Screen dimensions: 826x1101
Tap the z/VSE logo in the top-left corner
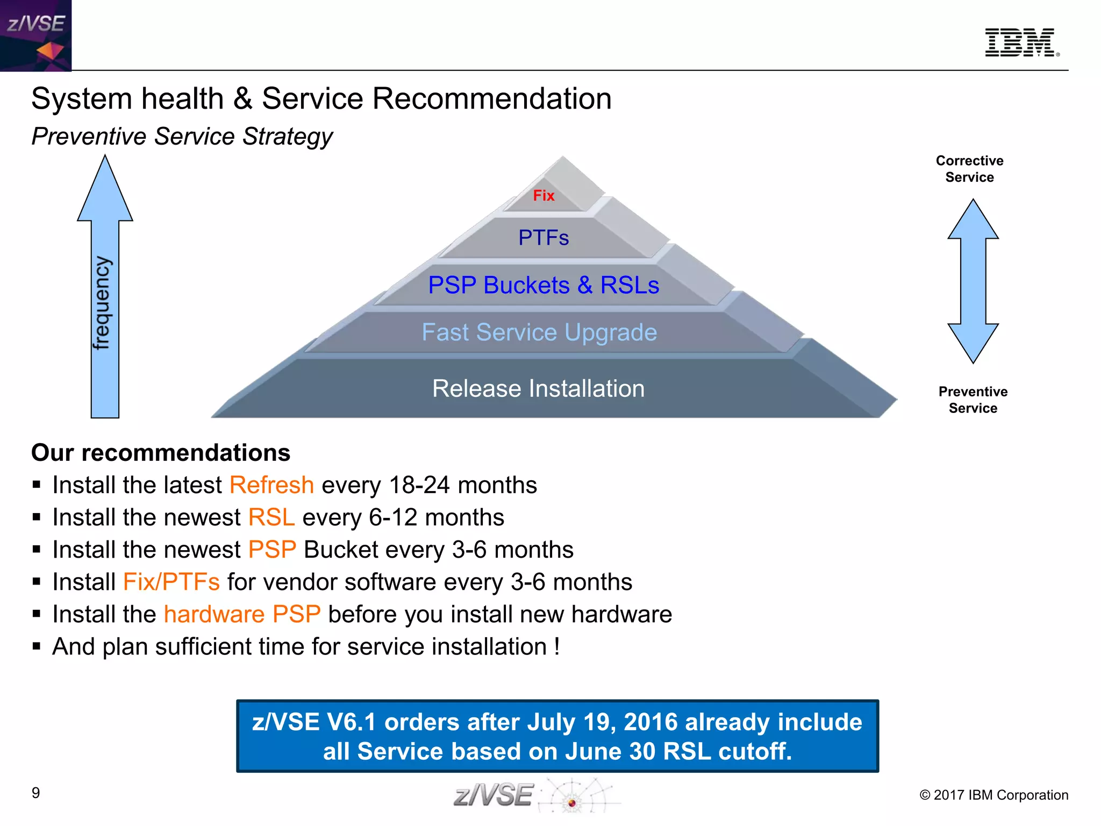click(35, 35)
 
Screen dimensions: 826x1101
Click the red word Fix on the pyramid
click(544, 196)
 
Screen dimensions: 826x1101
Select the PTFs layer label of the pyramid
click(544, 238)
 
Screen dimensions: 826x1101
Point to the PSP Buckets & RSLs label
click(544, 285)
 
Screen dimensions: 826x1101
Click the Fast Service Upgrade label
click(539, 332)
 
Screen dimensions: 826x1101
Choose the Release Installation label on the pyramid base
click(538, 388)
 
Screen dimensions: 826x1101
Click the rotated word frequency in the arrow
click(102, 303)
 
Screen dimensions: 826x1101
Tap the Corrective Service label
click(969, 169)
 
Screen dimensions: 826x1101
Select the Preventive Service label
click(973, 400)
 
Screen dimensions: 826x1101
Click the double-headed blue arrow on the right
click(973, 281)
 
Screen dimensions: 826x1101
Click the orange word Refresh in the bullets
click(271, 485)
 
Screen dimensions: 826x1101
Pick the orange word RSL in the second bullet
click(271, 517)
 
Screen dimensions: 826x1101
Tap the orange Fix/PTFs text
click(171, 582)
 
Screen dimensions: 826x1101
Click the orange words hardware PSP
click(242, 614)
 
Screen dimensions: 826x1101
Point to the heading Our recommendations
click(161, 453)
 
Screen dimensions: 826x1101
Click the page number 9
click(36, 793)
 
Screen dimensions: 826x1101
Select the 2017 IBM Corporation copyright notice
click(993, 795)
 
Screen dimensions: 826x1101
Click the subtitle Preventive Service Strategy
click(182, 136)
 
